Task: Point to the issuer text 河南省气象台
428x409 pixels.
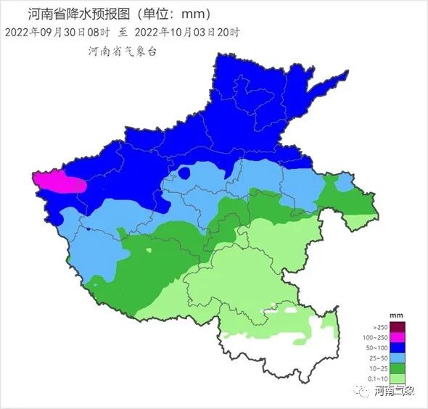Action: point(122,51)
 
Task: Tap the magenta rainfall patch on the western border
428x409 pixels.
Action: point(59,182)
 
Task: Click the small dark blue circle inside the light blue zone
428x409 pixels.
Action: point(185,173)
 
